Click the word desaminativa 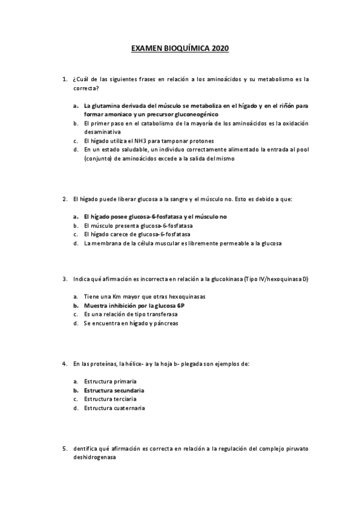[102, 131]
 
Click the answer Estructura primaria [110, 381]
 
